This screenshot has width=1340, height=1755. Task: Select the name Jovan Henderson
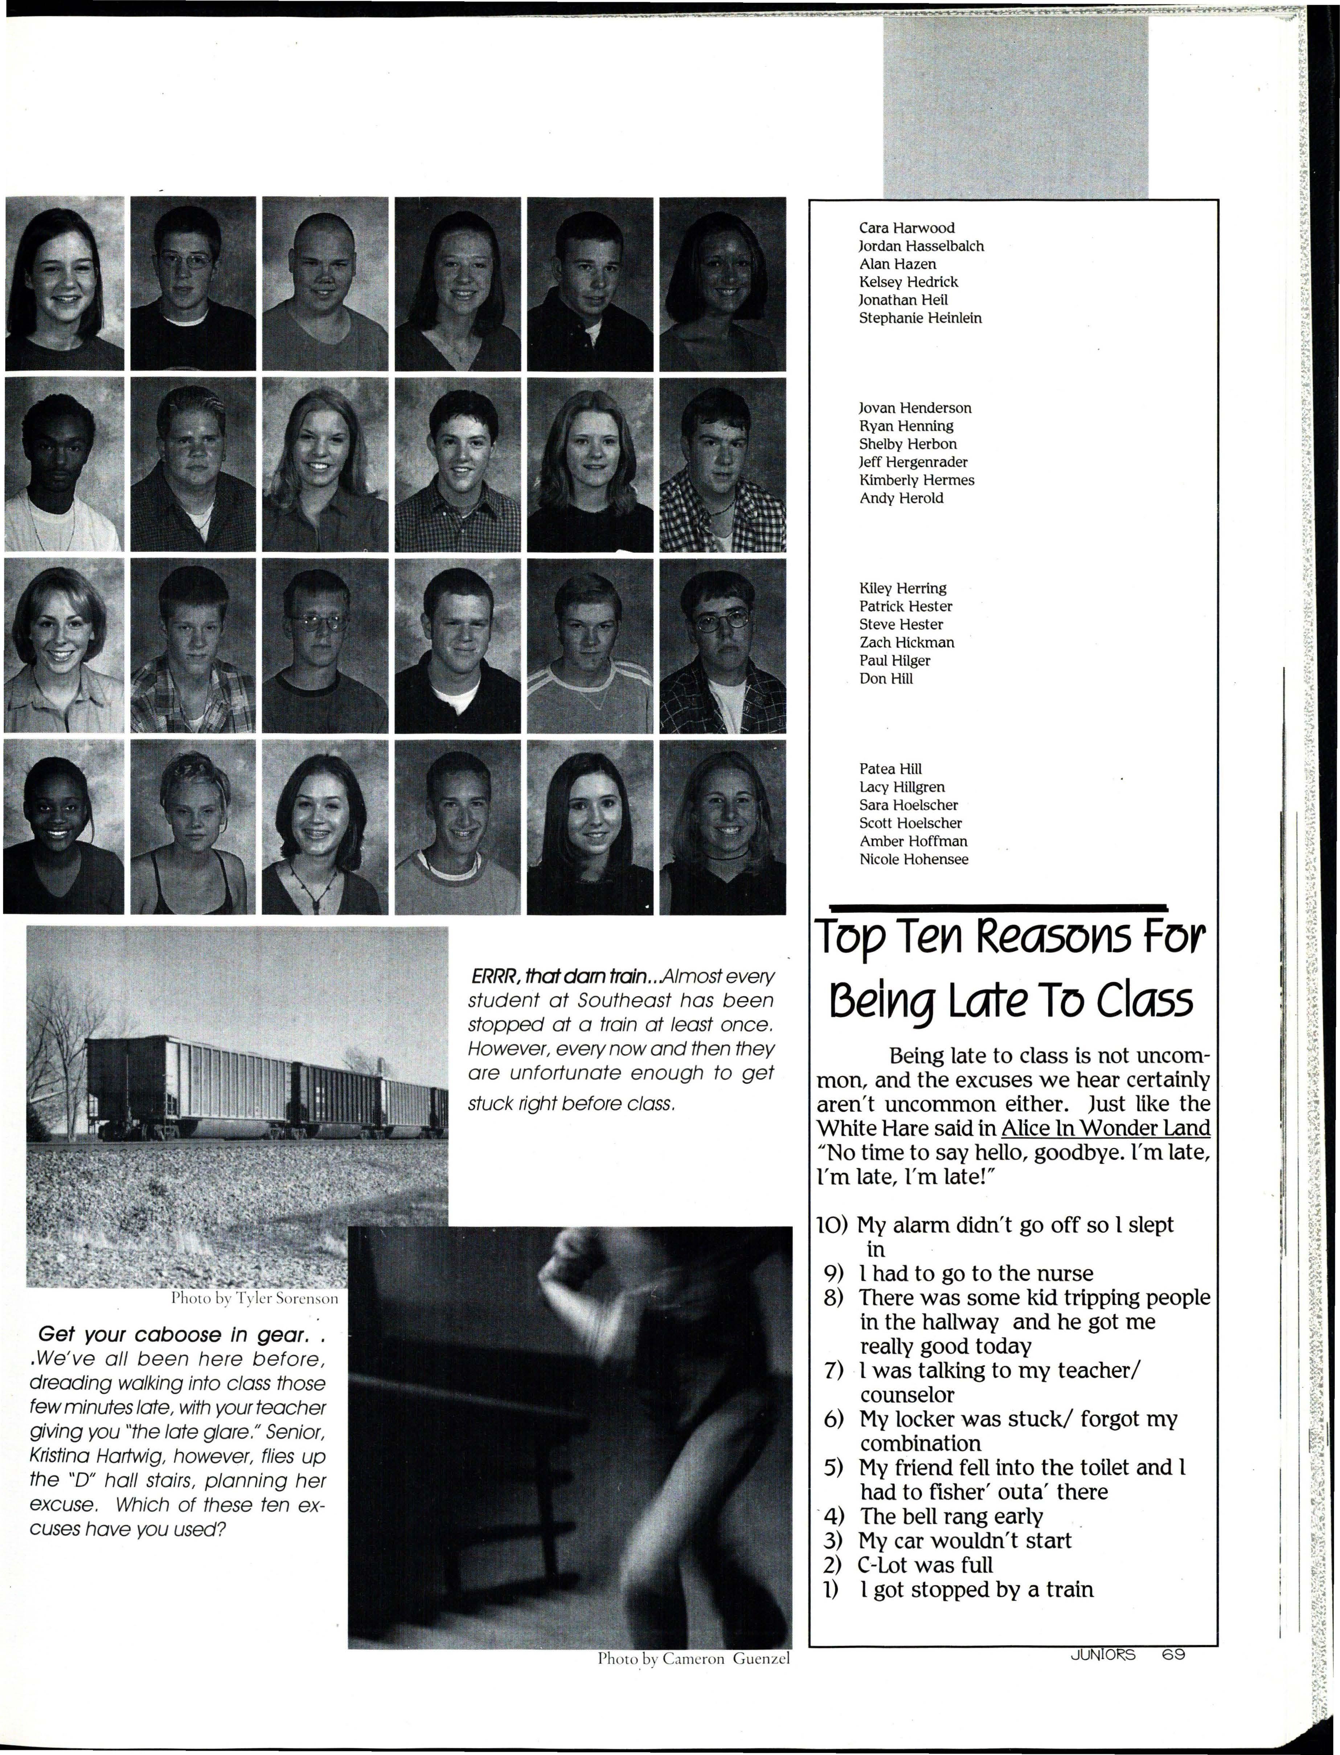tap(915, 408)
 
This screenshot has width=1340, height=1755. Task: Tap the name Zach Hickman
tap(906, 642)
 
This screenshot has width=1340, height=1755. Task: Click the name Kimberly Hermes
tap(917, 480)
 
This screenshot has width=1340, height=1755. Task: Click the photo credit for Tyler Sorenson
tap(255, 1299)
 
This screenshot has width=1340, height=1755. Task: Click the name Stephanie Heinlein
tap(920, 318)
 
